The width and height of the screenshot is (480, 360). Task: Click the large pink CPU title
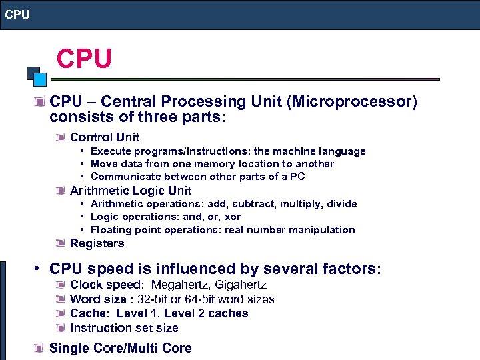click(x=84, y=59)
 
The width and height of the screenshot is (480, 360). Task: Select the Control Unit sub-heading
click(x=105, y=137)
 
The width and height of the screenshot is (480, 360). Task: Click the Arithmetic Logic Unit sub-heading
click(x=131, y=191)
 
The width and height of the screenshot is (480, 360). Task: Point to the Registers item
click(x=97, y=243)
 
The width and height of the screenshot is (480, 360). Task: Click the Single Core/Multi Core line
click(x=120, y=348)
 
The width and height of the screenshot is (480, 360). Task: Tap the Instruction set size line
click(x=124, y=327)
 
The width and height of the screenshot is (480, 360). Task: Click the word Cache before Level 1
click(x=87, y=313)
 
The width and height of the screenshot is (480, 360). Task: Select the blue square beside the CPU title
click(x=40, y=79)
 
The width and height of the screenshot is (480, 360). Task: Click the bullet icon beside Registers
click(x=61, y=243)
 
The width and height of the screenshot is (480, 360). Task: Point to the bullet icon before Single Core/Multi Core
click(x=41, y=348)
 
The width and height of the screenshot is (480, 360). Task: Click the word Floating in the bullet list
click(x=111, y=230)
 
